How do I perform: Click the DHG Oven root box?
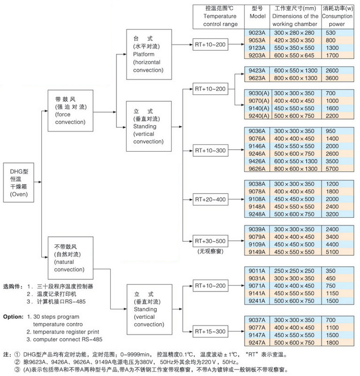click(18, 183)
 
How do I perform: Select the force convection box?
click(70, 110)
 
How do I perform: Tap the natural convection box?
click(70, 258)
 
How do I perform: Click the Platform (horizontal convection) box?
click(149, 54)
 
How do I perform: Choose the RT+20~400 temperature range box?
click(210, 200)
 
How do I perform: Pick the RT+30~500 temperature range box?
click(210, 241)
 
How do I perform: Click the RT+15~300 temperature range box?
click(210, 331)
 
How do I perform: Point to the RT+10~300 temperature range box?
click(210, 151)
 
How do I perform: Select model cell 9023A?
click(257, 33)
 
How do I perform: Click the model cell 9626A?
click(257, 169)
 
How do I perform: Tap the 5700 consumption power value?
click(332, 169)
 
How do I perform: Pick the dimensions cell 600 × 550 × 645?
click(294, 55)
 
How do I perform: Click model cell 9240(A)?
click(259, 116)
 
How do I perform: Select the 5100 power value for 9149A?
click(332, 252)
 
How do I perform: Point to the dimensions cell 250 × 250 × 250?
click(294, 271)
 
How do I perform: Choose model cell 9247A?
click(257, 343)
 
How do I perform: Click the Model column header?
click(257, 13)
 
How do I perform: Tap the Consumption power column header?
click(337, 16)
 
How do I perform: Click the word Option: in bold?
click(14, 317)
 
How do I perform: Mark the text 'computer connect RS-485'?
click(68, 339)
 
